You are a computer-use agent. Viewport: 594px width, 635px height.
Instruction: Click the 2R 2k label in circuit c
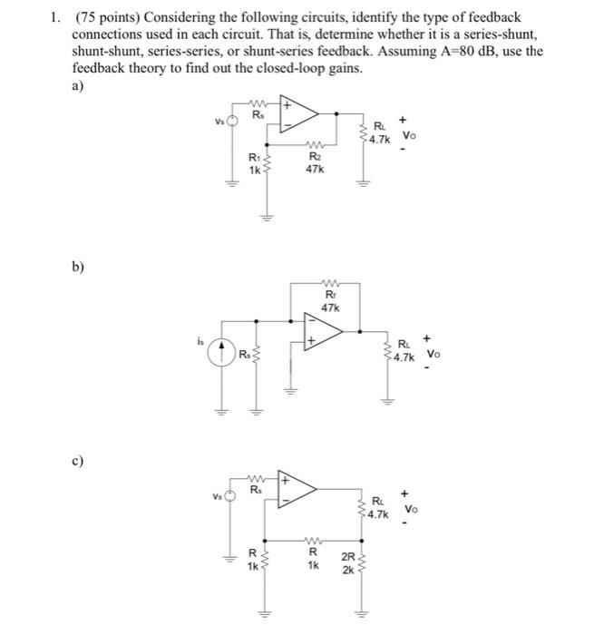347,562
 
